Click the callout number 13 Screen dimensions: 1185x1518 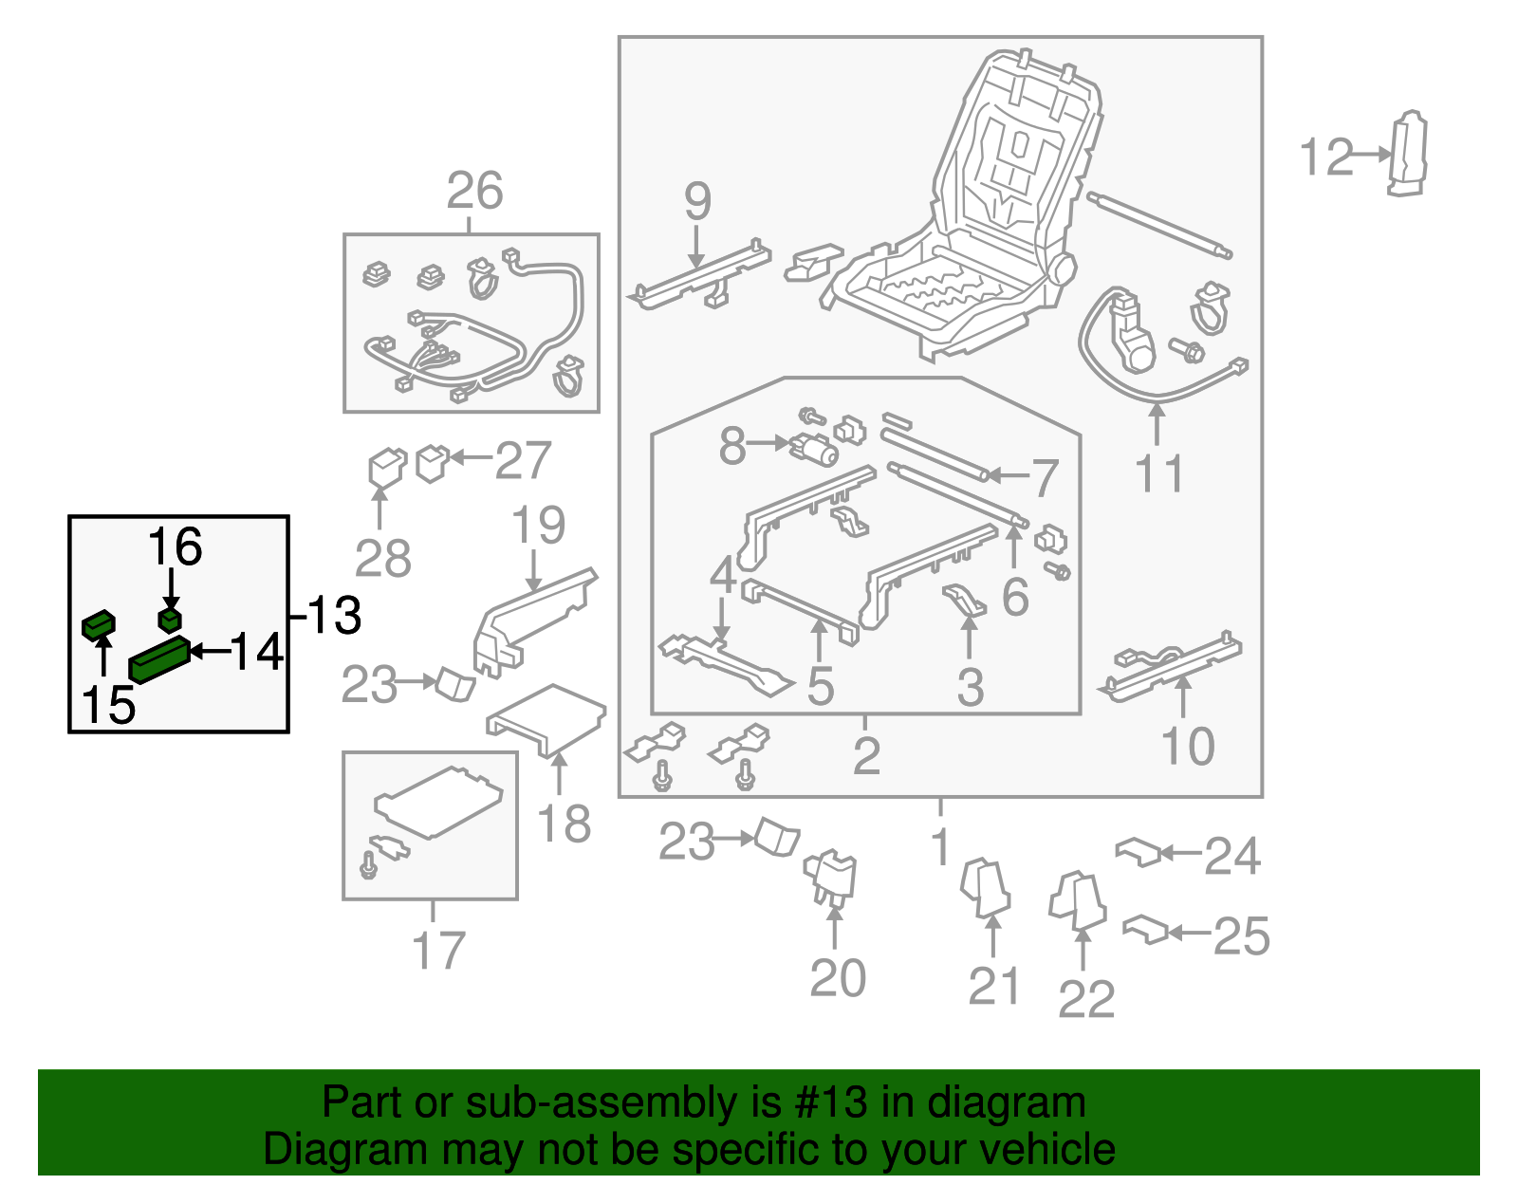(x=334, y=616)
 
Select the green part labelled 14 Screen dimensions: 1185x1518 (x=159, y=659)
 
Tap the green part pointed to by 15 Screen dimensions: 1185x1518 (x=98, y=625)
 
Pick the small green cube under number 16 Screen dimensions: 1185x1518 (x=170, y=620)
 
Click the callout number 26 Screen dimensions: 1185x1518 (x=474, y=192)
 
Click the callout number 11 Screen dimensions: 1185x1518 (x=1158, y=473)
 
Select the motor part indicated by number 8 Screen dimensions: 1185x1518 (x=815, y=448)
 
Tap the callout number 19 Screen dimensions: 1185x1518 (x=538, y=525)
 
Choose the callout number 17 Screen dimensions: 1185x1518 (x=438, y=951)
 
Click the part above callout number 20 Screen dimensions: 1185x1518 (x=831, y=876)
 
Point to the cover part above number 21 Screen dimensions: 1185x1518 (x=985, y=887)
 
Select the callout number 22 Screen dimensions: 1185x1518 (x=1085, y=999)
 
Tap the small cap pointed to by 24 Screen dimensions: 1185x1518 (x=1138, y=850)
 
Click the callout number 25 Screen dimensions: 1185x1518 (x=1241, y=936)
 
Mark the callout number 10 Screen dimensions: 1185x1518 (x=1188, y=746)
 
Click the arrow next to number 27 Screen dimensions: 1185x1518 (x=470, y=458)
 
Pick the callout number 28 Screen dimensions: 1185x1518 (x=382, y=559)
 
